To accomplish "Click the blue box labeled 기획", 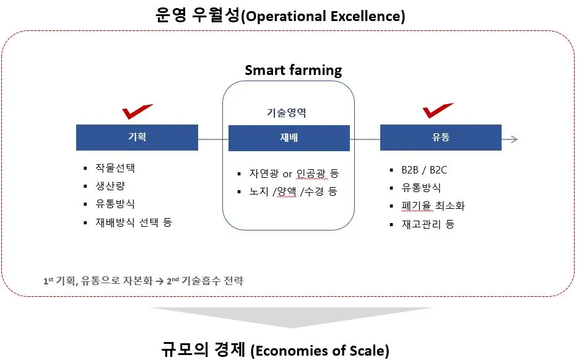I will tap(137, 138).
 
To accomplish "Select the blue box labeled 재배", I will tap(289, 138).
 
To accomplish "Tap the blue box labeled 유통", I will tap(440, 138).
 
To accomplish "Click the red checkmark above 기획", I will tap(137, 112).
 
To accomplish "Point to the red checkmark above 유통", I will tap(438, 111).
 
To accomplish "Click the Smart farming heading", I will tap(293, 70).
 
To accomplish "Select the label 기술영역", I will tap(285, 113).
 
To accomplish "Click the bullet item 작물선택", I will tap(115, 168).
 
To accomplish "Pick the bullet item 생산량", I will tap(110, 186).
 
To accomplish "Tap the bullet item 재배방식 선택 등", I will tap(133, 222).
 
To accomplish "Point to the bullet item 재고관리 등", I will tap(428, 224).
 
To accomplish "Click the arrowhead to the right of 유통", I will tap(513, 139).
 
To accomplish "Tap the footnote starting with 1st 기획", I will tap(143, 281).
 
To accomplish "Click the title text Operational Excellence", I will tap(323, 16).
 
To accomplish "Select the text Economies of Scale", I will tap(320, 351).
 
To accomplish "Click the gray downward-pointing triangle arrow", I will tap(291, 316).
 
